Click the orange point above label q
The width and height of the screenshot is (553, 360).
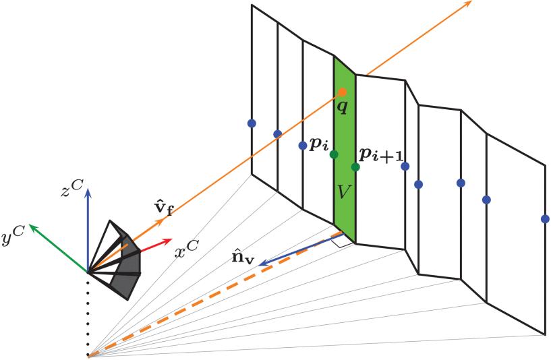point(343,92)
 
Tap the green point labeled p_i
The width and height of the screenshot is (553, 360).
point(334,154)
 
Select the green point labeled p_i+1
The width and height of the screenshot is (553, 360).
point(355,167)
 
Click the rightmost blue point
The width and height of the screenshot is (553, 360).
point(545,218)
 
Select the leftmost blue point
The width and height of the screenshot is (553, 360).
point(252,123)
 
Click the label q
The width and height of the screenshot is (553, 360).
point(343,107)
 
